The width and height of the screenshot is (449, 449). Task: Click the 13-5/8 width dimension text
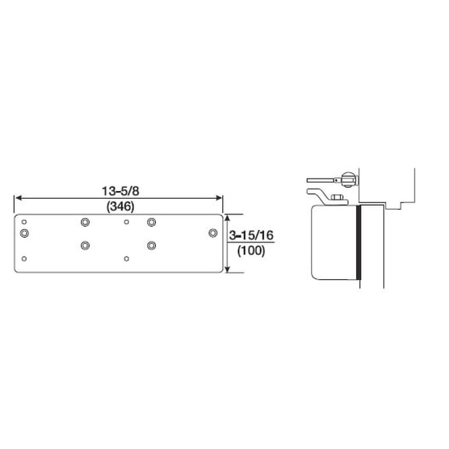[121, 190]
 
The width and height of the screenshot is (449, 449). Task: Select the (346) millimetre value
[121, 206]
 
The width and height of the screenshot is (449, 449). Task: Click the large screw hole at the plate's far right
[212, 232]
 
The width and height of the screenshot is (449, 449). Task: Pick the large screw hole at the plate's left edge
[25, 232]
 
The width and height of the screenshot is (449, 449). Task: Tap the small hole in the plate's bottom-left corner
[25, 258]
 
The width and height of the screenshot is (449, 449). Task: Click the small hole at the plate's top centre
[126, 221]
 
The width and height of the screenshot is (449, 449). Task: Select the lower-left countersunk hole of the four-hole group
[85, 246]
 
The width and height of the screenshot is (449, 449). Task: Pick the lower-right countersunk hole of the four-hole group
[152, 246]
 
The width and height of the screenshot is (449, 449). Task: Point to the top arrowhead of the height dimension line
[227, 219]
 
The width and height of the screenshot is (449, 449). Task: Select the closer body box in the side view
[333, 242]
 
